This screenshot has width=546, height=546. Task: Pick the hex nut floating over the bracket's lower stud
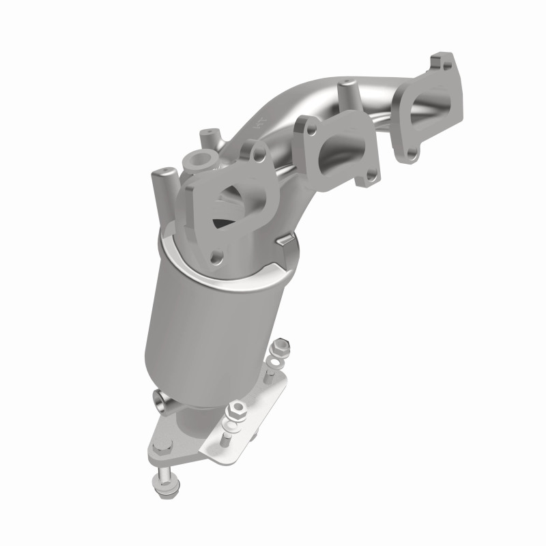tap(236, 409)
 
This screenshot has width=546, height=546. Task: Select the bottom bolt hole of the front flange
tap(218, 258)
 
